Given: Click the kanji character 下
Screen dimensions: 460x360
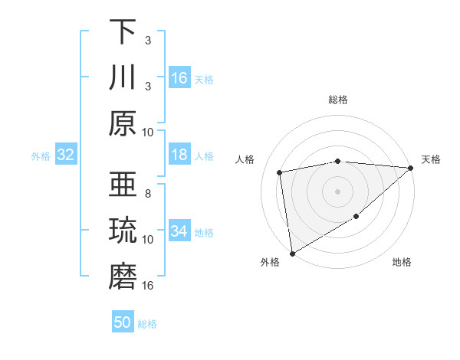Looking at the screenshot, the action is coord(123,32).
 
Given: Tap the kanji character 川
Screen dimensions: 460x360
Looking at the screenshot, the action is coord(123,77).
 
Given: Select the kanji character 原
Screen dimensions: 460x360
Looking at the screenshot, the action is coord(123,123).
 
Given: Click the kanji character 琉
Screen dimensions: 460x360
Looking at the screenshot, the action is coord(123,231).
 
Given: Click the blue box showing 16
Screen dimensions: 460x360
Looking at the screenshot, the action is coord(179,78).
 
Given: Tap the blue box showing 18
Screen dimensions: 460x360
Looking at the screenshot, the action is coord(179,155).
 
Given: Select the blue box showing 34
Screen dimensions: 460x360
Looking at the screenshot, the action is coord(179,231).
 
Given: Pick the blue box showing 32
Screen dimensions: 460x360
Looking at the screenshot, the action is coord(66,155).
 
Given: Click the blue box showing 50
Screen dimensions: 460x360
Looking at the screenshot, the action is coord(123,322).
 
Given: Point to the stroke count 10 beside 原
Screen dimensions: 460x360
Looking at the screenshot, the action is coord(148,132).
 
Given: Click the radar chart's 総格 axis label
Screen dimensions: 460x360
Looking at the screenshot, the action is coord(338,100).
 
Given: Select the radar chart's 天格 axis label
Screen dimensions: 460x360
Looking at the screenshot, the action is coord(431,159).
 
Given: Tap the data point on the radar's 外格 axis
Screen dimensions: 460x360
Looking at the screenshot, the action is coord(292,253).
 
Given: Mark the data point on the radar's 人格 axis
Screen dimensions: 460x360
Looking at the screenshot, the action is coord(281,172).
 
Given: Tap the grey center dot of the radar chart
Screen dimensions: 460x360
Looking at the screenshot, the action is coord(338,191).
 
